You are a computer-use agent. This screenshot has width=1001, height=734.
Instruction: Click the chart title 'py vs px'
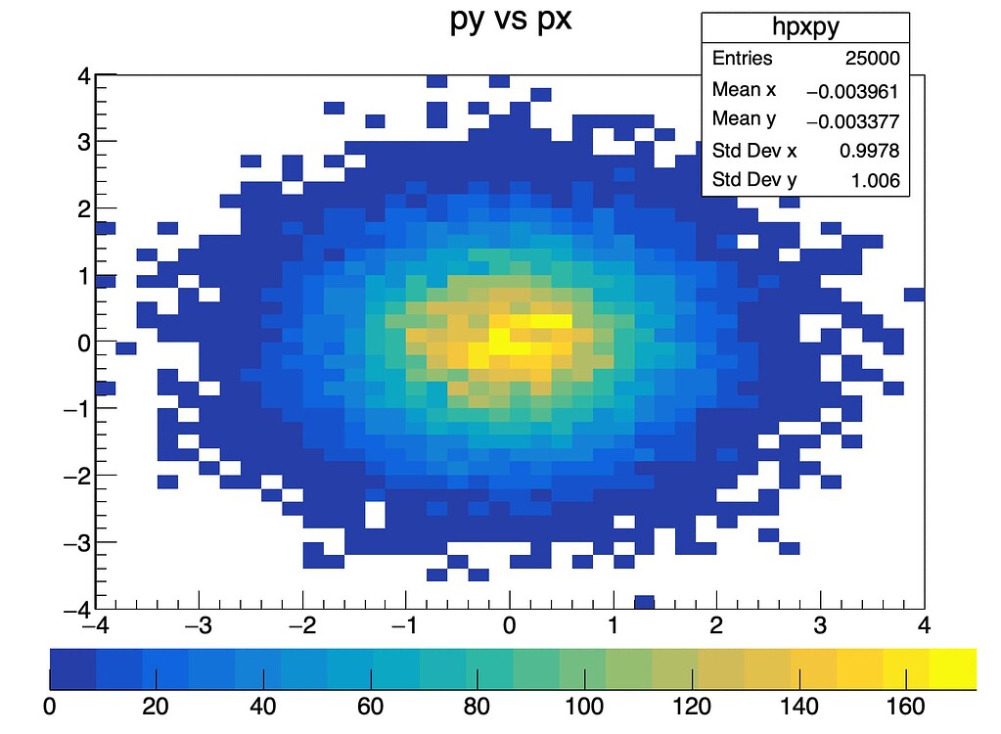coord(510,21)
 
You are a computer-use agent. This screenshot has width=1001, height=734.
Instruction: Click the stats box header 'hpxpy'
coord(805,27)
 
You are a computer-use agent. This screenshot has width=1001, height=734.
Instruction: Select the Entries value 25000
coord(873,59)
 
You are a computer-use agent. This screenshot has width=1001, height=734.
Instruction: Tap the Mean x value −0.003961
coord(851,91)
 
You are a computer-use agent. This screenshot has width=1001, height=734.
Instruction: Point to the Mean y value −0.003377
coord(851,120)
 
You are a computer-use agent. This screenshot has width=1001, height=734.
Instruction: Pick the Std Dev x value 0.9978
coord(869,151)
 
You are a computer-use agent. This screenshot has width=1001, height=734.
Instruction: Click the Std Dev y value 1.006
coord(876,180)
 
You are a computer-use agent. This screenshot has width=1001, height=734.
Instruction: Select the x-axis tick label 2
coord(716,624)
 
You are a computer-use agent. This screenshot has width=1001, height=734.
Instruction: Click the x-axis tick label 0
coord(509,624)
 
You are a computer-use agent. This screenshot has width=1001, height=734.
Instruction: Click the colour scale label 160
coord(906,706)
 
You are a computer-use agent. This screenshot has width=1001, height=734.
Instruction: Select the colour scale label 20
coord(156,706)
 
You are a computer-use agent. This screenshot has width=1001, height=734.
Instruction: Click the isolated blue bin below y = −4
coord(644,601)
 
